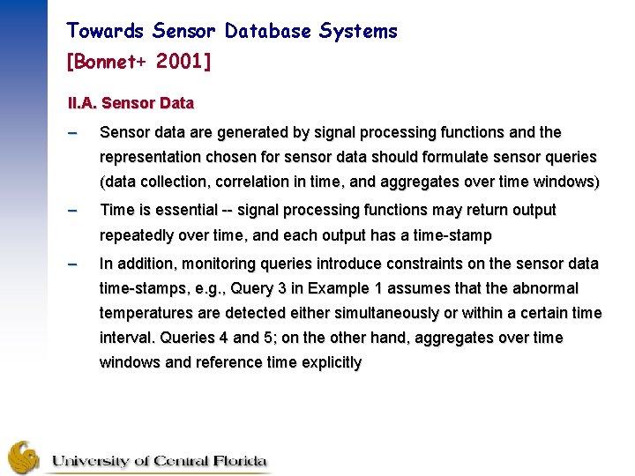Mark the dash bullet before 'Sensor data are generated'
click(74, 133)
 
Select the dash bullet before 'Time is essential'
click(74, 211)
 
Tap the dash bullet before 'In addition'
click(74, 264)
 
